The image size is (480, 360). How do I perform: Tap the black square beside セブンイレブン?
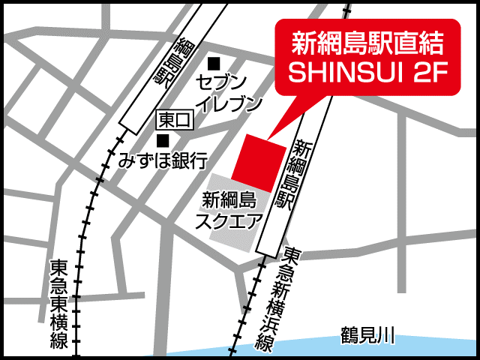tap(216, 63)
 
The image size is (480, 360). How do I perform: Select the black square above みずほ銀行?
tap(163, 139)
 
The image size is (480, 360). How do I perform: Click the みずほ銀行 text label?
tap(163, 160)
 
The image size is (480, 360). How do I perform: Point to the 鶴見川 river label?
tap(367, 335)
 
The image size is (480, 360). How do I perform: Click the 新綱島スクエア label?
tap(229, 211)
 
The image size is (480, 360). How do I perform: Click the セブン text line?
tap(220, 81)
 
